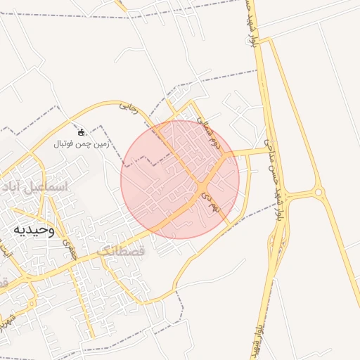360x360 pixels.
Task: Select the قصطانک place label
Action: click(120, 250)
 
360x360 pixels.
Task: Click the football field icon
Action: click(81, 132)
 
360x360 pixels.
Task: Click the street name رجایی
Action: click(128, 107)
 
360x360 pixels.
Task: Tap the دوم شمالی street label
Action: click(212, 133)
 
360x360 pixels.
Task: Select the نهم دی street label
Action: click(210, 198)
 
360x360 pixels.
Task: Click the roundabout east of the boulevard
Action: click(318, 191)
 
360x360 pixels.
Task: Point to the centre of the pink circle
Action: click(180, 179)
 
